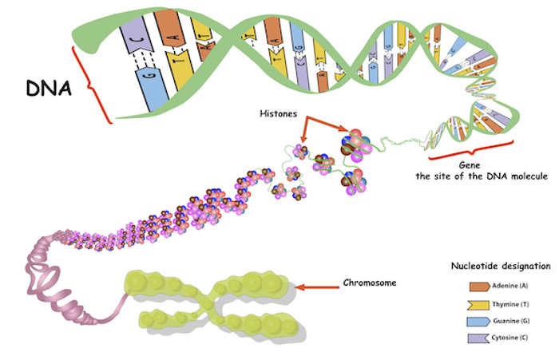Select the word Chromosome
369,283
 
